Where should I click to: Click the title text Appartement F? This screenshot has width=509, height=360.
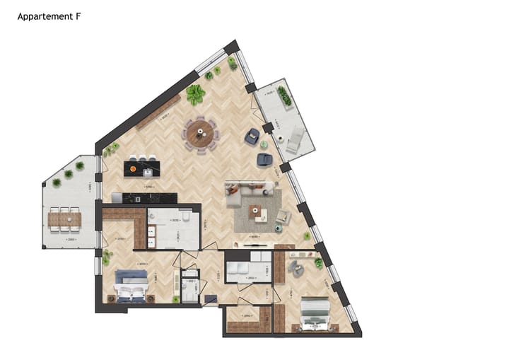[x=48, y=16]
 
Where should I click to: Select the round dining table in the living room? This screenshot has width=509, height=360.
[x=201, y=133]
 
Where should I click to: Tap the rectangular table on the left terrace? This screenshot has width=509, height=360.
[x=64, y=220]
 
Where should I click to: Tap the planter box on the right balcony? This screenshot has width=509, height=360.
[x=284, y=96]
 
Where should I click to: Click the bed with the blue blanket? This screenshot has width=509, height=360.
[x=130, y=286]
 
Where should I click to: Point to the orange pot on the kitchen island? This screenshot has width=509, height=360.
[x=132, y=168]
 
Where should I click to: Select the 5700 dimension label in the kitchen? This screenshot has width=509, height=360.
[x=147, y=187]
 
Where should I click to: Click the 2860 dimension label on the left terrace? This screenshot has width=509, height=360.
[x=71, y=240]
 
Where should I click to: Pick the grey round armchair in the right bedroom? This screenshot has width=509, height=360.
[x=297, y=268]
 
